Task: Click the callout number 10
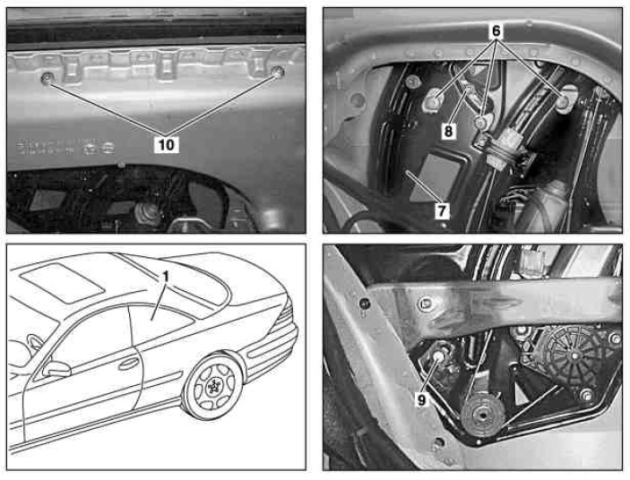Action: tap(167, 144)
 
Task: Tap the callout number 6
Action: tap(496, 31)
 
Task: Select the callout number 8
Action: tap(448, 132)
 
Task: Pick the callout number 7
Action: tap(442, 211)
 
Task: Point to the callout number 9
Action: tap(421, 400)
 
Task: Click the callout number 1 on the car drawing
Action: tap(166, 277)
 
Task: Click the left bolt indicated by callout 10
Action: tap(47, 79)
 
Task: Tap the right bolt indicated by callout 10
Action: tap(277, 73)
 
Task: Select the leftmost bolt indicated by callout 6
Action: tap(435, 101)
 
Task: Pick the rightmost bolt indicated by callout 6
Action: tap(565, 100)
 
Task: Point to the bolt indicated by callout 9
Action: tap(438, 356)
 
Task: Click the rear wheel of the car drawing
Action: tap(212, 386)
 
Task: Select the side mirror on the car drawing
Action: tap(56, 368)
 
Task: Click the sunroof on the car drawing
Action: tap(60, 283)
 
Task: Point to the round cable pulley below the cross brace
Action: tap(482, 416)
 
